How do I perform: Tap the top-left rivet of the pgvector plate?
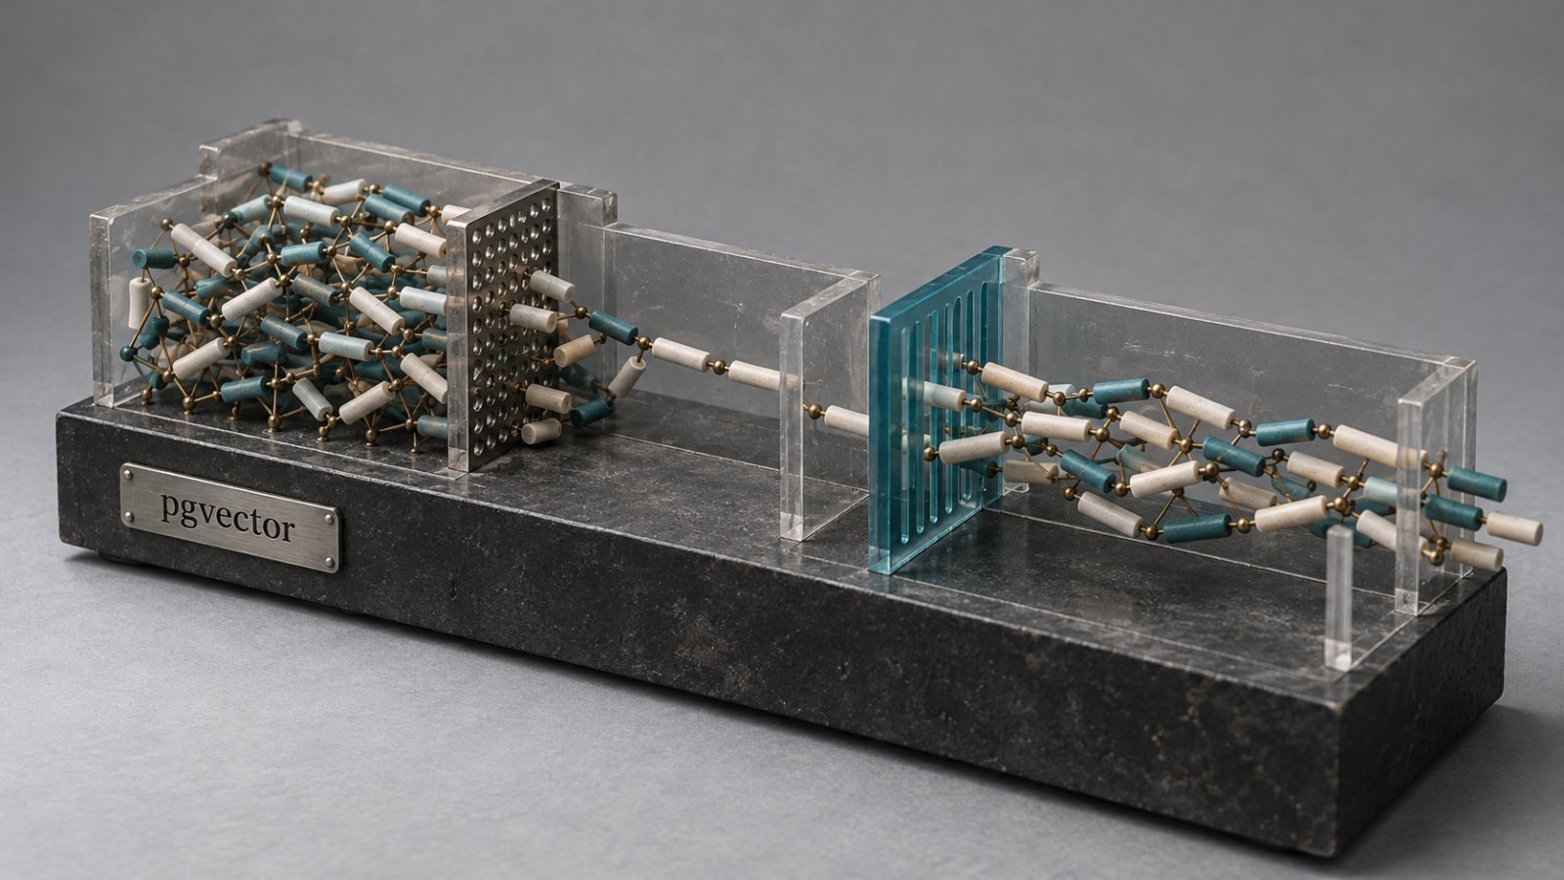[129, 474]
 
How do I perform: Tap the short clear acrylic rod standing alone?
[1338, 598]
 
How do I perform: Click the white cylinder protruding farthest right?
[1514, 528]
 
